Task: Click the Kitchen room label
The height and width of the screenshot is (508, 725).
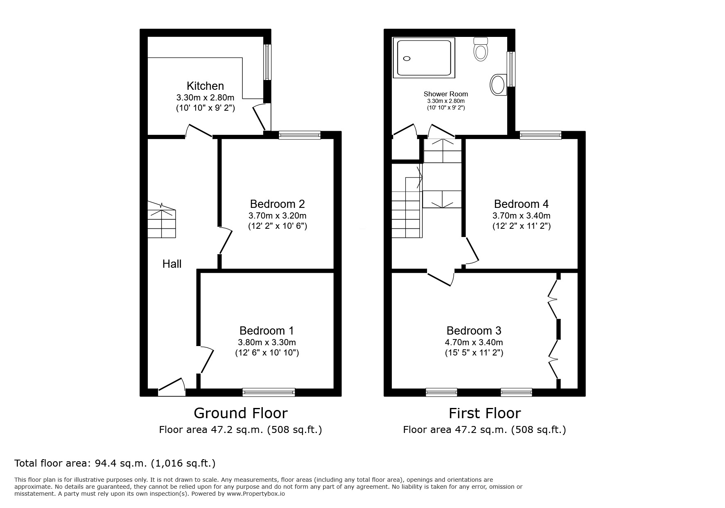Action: tap(205, 86)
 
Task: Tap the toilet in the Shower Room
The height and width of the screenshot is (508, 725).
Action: tap(481, 50)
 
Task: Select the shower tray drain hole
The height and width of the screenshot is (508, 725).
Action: tap(407, 59)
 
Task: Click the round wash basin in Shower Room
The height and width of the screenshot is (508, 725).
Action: tap(498, 85)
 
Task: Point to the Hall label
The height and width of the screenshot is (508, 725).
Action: tap(172, 264)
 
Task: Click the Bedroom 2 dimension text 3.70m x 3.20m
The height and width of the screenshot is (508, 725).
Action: tap(277, 216)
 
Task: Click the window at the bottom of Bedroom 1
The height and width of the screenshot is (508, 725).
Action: tap(269, 392)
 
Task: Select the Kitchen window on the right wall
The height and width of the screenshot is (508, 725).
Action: tap(267, 62)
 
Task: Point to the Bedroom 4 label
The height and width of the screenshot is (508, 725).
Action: tap(521, 204)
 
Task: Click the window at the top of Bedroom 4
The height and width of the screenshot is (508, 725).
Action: tap(540, 135)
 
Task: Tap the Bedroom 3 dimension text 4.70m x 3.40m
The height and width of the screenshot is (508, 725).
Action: tap(474, 342)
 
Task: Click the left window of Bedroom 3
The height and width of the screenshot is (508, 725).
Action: tap(441, 392)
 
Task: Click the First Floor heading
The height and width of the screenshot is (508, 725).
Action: tap(485, 413)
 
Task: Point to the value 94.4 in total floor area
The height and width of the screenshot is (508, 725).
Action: tap(104, 463)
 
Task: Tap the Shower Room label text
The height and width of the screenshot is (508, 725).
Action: tap(445, 94)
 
